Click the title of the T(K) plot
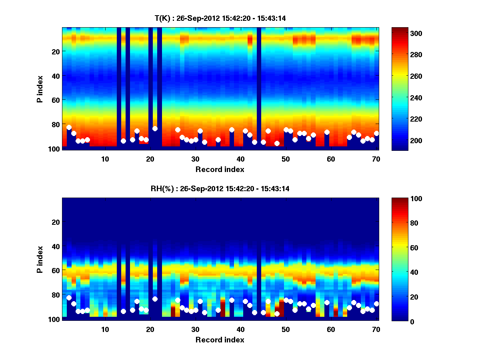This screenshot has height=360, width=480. [x=220, y=18]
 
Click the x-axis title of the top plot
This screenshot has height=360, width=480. [x=220, y=169]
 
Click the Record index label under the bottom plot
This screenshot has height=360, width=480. [x=220, y=340]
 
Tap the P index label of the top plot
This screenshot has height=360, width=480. [x=40, y=89]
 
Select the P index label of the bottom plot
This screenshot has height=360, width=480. [x=40, y=259]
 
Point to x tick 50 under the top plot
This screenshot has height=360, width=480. [x=286, y=159]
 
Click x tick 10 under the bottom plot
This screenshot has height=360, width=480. [x=105, y=329]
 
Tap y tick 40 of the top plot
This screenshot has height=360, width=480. [x=55, y=75]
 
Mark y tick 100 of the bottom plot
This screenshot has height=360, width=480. [x=54, y=319]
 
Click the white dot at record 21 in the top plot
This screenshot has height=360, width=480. [x=155, y=128]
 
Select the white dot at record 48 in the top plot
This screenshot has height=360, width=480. [x=277, y=143]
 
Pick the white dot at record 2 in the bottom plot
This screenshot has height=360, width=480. [x=69, y=298]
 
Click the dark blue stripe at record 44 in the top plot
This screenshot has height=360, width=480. [x=259, y=88]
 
